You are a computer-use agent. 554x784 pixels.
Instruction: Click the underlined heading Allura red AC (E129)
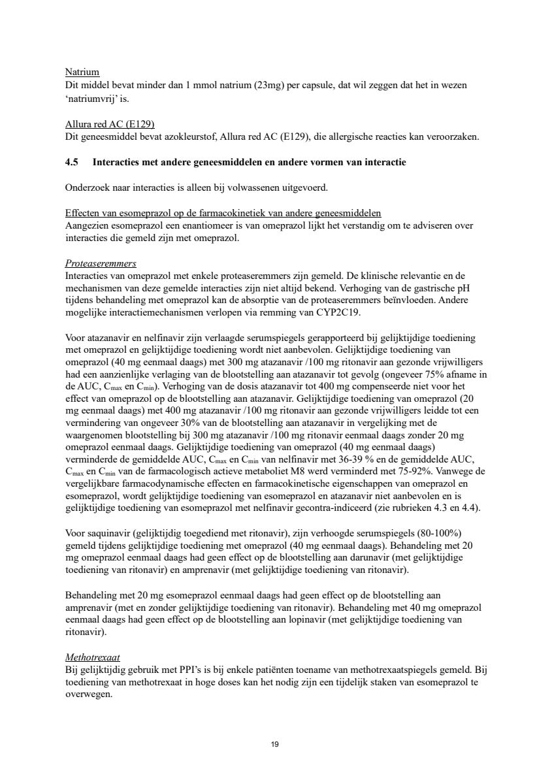tap(110, 124)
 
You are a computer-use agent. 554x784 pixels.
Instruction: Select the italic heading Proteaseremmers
tap(101, 263)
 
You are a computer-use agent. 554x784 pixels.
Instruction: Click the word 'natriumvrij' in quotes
tap(93, 99)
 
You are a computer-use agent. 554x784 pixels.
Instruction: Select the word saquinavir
tap(104, 532)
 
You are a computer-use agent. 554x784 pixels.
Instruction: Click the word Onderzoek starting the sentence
tap(88, 188)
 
